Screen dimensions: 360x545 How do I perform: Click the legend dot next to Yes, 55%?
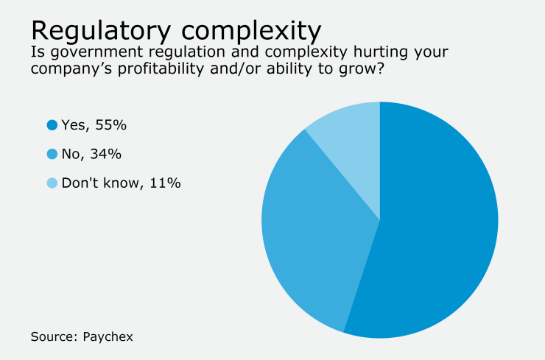click(52, 125)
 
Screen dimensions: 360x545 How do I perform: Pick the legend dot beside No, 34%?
click(52, 154)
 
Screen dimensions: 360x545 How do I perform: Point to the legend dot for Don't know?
click(52, 183)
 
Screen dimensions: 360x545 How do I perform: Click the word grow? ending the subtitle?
click(368, 73)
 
